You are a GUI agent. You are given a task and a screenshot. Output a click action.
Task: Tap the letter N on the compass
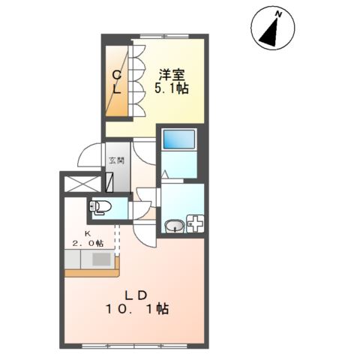[277, 14]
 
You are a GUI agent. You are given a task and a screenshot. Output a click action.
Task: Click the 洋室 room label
[172, 74]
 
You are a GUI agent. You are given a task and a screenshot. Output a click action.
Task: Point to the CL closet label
[117, 81]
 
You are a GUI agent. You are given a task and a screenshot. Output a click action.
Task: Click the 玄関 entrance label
[116, 160]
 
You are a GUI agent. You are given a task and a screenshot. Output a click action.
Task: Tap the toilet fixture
[100, 206]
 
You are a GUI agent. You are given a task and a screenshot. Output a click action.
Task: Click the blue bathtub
[178, 139]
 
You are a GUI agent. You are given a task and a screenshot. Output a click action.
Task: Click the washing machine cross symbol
[196, 223]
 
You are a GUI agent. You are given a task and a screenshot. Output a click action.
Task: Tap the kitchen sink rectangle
[100, 259]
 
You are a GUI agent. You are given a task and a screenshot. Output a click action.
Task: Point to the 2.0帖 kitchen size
[87, 244]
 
